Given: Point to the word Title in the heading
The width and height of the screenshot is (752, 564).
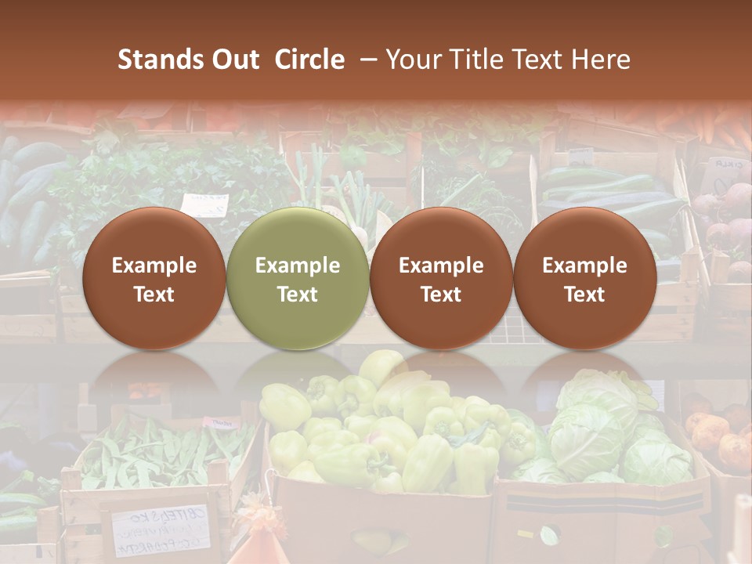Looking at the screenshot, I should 472,60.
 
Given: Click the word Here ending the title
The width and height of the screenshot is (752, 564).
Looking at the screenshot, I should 602,60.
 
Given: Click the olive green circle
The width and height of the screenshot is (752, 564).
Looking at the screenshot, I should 298,278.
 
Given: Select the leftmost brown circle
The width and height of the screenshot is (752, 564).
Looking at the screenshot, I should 154,278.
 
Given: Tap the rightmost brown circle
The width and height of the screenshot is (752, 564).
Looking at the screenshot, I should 584,278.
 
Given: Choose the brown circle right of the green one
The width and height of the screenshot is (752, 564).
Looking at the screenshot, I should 441,278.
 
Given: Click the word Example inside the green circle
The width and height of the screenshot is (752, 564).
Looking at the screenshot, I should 298,266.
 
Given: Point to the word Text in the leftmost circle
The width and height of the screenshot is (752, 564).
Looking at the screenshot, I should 154,295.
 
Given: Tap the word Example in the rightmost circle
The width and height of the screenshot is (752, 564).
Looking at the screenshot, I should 584,266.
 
